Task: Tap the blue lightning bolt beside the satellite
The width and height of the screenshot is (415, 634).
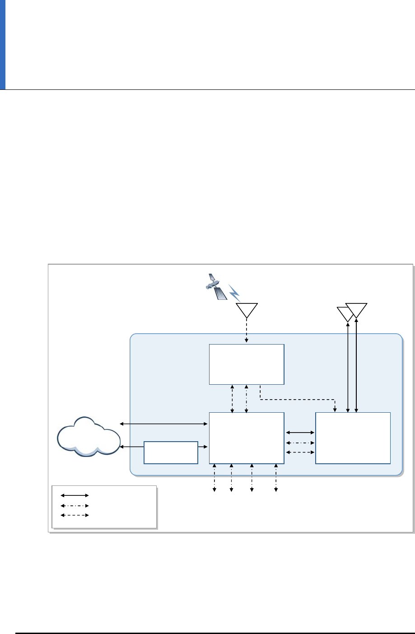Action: click(x=234, y=293)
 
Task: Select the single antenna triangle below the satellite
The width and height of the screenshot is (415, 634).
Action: click(x=247, y=309)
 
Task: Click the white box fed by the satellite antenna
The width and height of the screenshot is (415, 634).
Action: click(x=247, y=364)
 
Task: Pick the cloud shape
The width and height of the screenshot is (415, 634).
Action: click(x=89, y=435)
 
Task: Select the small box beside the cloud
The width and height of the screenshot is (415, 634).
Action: click(x=171, y=452)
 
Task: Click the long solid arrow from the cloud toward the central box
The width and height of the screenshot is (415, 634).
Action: click(x=163, y=424)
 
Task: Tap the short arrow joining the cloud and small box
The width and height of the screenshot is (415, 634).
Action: click(x=132, y=447)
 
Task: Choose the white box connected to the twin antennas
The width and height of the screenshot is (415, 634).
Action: click(x=353, y=438)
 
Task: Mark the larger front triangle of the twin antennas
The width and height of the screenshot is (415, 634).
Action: click(x=357, y=310)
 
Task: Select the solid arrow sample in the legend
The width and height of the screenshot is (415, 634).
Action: click(x=75, y=495)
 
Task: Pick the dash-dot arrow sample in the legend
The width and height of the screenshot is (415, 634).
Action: click(x=75, y=505)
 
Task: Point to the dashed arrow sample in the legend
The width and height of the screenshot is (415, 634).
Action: click(x=75, y=515)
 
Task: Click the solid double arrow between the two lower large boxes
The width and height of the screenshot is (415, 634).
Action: click(x=300, y=433)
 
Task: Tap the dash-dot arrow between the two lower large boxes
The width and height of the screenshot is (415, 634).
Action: click(x=300, y=443)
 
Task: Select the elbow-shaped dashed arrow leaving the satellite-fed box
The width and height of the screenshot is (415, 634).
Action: click(x=298, y=399)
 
